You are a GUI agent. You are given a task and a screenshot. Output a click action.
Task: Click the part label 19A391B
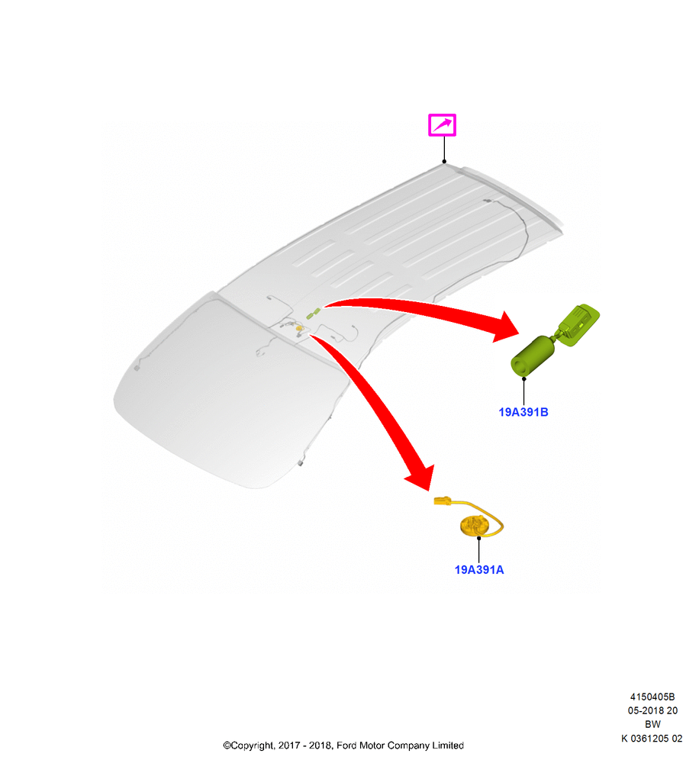523,412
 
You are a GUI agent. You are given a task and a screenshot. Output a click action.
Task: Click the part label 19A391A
479,570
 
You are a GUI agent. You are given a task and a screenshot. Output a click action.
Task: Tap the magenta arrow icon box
442,125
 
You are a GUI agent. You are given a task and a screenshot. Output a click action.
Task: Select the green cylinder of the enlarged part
533,356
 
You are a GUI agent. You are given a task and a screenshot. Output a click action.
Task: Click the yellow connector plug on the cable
443,501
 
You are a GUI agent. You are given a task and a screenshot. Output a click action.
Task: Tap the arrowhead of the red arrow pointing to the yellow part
420,478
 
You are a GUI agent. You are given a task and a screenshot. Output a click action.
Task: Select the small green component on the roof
313,314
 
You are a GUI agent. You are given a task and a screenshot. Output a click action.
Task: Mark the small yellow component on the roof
299,329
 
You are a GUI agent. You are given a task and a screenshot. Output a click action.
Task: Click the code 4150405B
652,697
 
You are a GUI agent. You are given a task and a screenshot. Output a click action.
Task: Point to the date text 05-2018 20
652,710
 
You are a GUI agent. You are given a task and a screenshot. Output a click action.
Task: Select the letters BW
652,725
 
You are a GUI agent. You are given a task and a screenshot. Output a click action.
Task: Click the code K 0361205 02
652,739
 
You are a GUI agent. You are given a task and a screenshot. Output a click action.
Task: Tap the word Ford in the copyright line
346,745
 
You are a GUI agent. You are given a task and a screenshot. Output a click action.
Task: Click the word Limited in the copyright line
448,745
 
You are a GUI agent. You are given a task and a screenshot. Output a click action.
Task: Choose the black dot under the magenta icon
444,162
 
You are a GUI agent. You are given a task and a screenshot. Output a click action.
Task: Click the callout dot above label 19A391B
523,378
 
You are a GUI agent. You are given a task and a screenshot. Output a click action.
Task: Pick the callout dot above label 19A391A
479,538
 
